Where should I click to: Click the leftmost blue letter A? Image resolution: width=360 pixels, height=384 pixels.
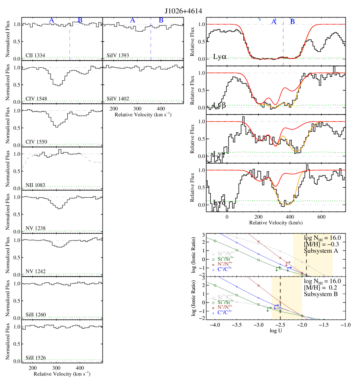coord(52,20)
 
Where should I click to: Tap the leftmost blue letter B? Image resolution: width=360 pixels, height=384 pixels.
coord(80,20)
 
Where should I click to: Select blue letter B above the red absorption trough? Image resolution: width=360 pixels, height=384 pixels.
coord(292,22)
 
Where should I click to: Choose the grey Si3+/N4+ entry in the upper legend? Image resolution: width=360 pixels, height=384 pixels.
coord(224,254)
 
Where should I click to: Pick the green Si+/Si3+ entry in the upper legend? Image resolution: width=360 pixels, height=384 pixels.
coord(224,259)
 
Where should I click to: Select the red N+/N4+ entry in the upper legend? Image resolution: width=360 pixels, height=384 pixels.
coord(224,264)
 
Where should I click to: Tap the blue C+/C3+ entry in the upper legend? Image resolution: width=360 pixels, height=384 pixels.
coord(224,270)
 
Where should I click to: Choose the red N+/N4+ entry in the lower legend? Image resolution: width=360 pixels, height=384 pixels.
coord(224,307)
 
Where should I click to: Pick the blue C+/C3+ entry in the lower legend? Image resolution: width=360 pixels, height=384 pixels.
coord(224,313)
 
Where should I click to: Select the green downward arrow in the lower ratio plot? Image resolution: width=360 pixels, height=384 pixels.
coord(267,310)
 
